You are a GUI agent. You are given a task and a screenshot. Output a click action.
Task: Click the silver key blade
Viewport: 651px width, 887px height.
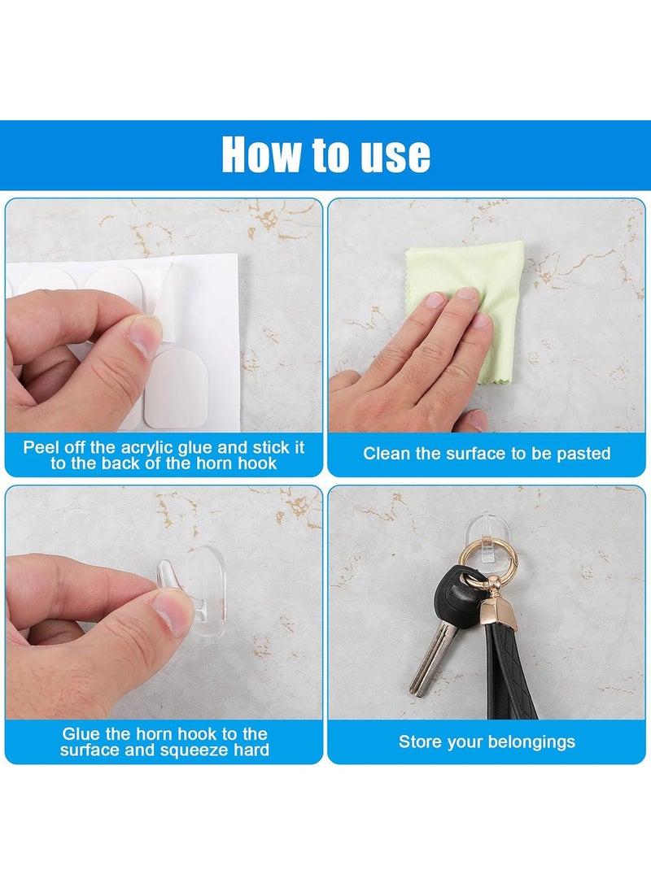click(432, 656)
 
